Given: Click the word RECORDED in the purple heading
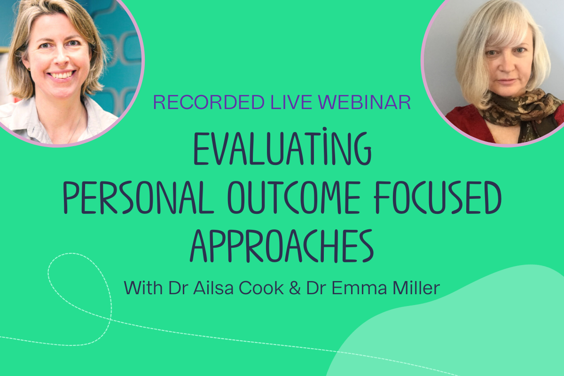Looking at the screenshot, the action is pyautogui.click(x=209, y=102).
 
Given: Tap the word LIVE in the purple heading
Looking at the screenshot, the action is pyautogui.click(x=291, y=102).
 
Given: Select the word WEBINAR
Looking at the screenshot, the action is pyautogui.click(x=365, y=102).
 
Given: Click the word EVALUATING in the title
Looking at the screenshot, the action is pyautogui.click(x=282, y=147).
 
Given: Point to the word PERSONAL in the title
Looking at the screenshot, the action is pyautogui.click(x=138, y=197).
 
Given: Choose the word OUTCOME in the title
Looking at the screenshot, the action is pyautogui.click(x=293, y=197).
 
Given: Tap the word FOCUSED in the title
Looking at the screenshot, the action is pyautogui.click(x=438, y=197).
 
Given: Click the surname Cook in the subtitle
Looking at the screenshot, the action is pyautogui.click(x=261, y=288).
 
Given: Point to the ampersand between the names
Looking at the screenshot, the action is pyautogui.click(x=295, y=288).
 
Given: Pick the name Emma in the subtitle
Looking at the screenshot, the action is pyautogui.click(x=359, y=288).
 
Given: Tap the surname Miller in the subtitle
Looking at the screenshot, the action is pyautogui.click(x=416, y=288).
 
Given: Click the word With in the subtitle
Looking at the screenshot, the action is pyautogui.click(x=143, y=288).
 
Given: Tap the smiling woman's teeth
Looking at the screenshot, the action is pyautogui.click(x=61, y=75).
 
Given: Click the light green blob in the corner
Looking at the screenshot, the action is pyautogui.click(x=466, y=328).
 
